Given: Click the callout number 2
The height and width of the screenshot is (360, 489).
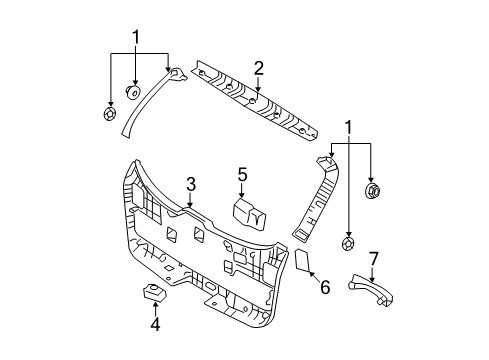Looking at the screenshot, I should coord(258,68).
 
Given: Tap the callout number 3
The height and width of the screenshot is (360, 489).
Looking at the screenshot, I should coord(189,184).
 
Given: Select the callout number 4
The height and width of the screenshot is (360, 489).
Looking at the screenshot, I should coord(155,323).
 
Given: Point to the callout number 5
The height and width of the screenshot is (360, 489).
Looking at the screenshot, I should coord(241,175).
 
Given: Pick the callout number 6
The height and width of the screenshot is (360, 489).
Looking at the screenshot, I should coord(323,288).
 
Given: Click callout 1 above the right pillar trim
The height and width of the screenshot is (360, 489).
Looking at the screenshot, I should coord(348,128).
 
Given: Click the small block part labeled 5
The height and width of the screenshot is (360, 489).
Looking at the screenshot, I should coord(247,213).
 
